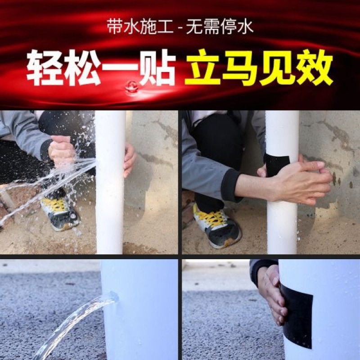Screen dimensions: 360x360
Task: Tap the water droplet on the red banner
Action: (131, 86)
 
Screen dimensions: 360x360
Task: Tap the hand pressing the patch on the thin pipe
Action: (301, 180)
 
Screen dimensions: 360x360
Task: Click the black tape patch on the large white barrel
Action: (297, 315)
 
